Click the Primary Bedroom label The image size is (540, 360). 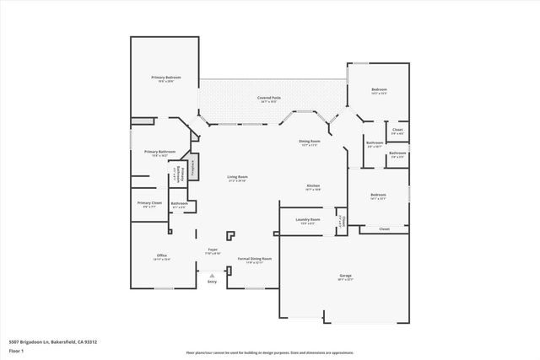(163, 78)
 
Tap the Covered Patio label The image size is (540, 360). (269, 99)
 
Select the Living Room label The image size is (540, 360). (236, 177)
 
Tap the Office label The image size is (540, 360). (161, 255)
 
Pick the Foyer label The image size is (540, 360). (213, 250)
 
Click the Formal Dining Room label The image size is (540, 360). (254, 259)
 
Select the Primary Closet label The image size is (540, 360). (150, 203)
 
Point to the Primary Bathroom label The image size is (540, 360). (148, 152)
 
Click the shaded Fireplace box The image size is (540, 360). (193, 165)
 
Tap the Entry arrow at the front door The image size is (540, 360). (212, 273)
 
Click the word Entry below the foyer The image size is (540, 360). (212, 281)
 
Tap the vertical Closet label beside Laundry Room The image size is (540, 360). (341, 220)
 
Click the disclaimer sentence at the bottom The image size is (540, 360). (270, 352)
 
